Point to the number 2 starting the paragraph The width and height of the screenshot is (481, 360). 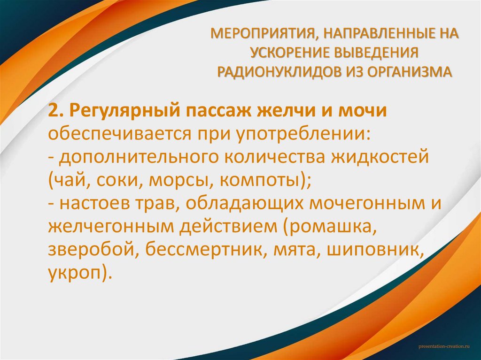(x=52, y=112)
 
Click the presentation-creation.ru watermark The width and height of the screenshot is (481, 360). (x=444, y=345)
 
